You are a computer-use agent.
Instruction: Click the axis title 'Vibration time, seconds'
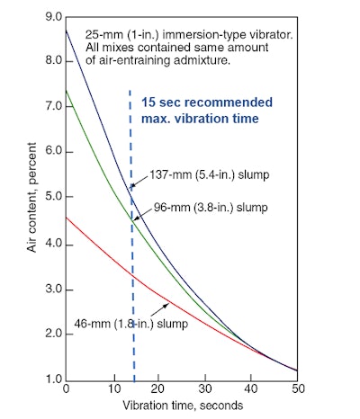point(184,406)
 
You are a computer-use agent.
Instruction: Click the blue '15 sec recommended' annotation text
point(200,102)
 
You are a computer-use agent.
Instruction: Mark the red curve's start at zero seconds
point(67,217)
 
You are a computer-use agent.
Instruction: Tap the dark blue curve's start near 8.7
point(67,30)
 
